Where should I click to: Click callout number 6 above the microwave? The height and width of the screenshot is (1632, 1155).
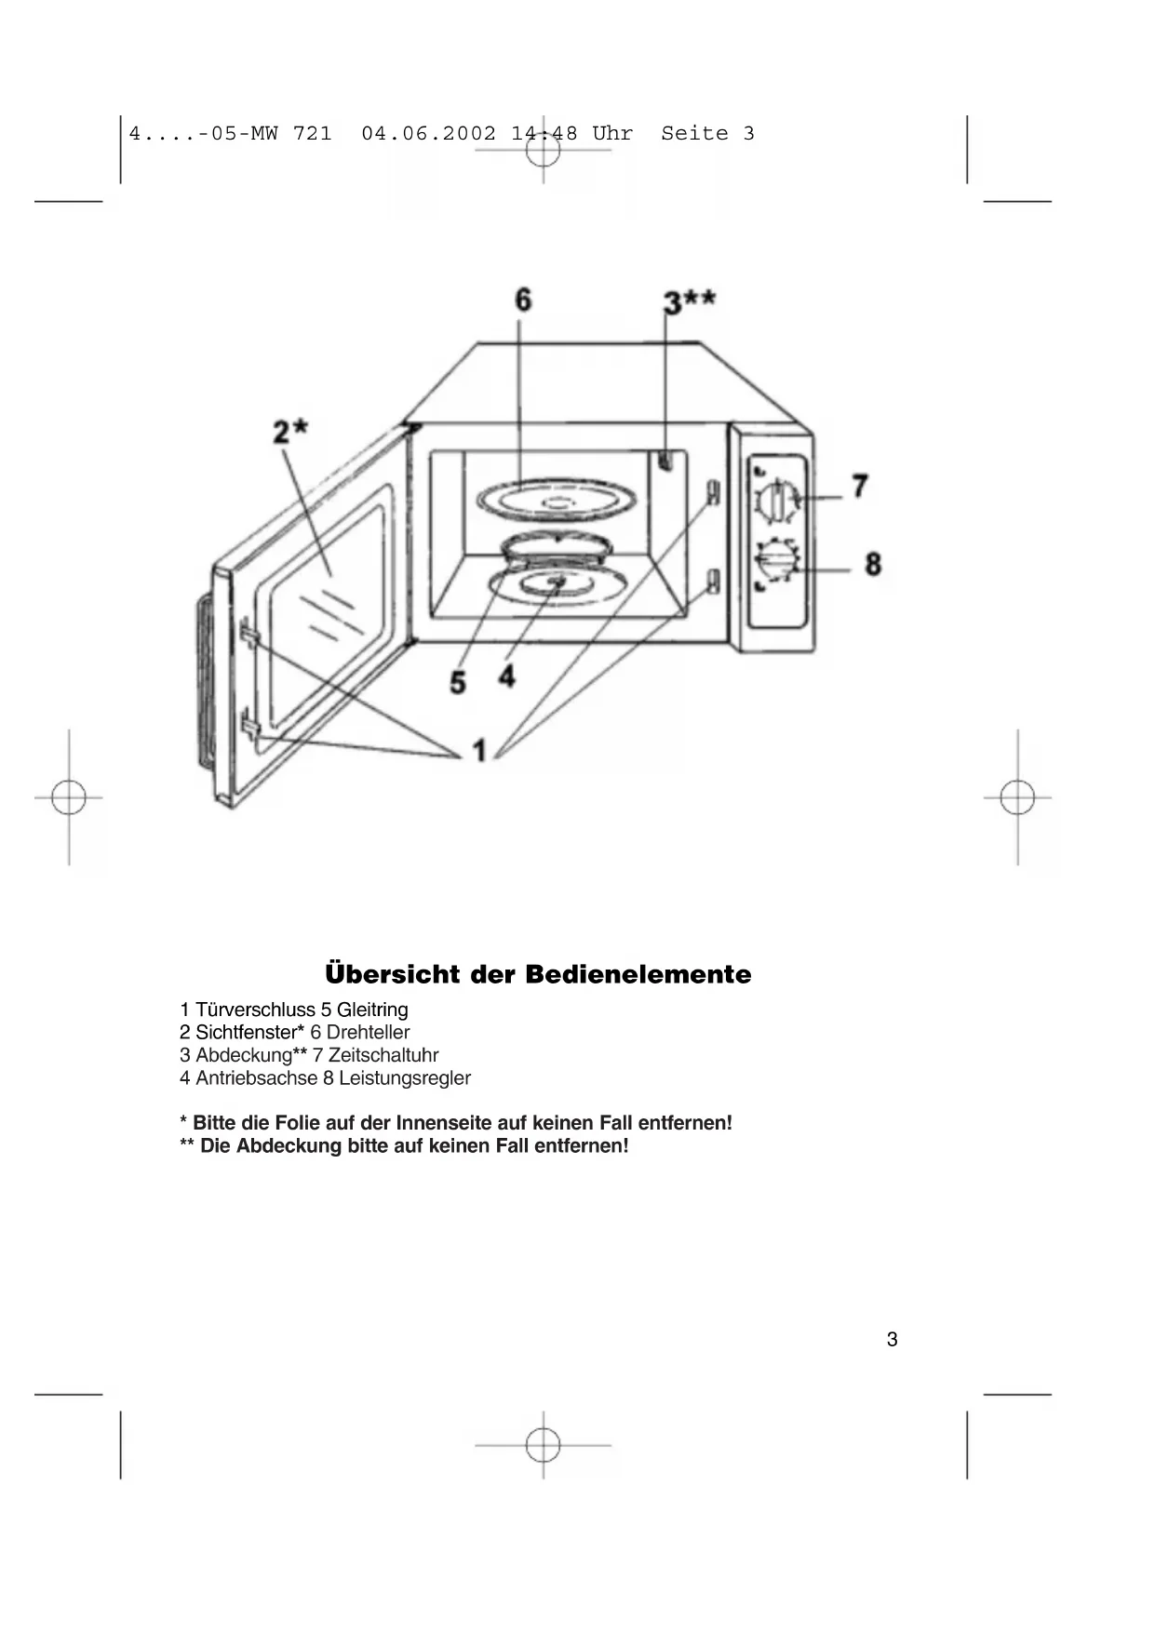point(523,300)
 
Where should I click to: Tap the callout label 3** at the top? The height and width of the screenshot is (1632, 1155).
point(689,301)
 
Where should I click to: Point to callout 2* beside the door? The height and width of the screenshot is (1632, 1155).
point(289,432)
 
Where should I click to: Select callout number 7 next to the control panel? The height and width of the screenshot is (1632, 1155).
point(860,486)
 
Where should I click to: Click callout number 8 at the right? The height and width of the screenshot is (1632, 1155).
point(872,564)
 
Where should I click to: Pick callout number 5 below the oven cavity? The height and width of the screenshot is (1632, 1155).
point(457,682)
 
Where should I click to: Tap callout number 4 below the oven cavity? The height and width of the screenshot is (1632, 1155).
point(506,676)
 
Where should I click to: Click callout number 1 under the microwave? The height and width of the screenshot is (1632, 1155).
point(479,750)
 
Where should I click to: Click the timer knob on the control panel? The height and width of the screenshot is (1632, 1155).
point(776,500)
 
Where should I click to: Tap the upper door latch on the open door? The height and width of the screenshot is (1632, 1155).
point(248,632)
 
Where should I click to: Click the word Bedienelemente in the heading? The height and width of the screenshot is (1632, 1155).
point(638,974)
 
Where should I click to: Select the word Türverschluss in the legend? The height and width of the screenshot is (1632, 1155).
point(255,1010)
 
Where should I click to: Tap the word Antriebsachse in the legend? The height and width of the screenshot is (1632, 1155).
point(256,1077)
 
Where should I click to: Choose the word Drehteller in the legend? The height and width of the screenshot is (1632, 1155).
point(368,1032)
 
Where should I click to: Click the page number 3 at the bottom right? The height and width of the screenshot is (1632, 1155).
point(892,1339)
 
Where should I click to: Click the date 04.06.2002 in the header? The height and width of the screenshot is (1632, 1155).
point(428,133)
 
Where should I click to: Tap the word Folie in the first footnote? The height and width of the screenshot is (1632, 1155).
point(297,1123)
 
